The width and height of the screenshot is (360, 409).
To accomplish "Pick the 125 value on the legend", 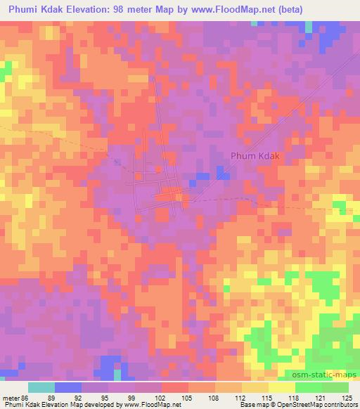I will tap(349, 397).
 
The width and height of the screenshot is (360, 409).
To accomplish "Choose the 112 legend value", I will tap(243, 397).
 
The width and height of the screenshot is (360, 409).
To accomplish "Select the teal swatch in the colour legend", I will tap(41, 387).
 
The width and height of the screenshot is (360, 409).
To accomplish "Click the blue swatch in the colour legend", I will tap(68, 387).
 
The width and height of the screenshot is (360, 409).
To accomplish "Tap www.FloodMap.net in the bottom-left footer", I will tap(150, 405).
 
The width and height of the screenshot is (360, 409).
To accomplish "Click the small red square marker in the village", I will tap(159, 169).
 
